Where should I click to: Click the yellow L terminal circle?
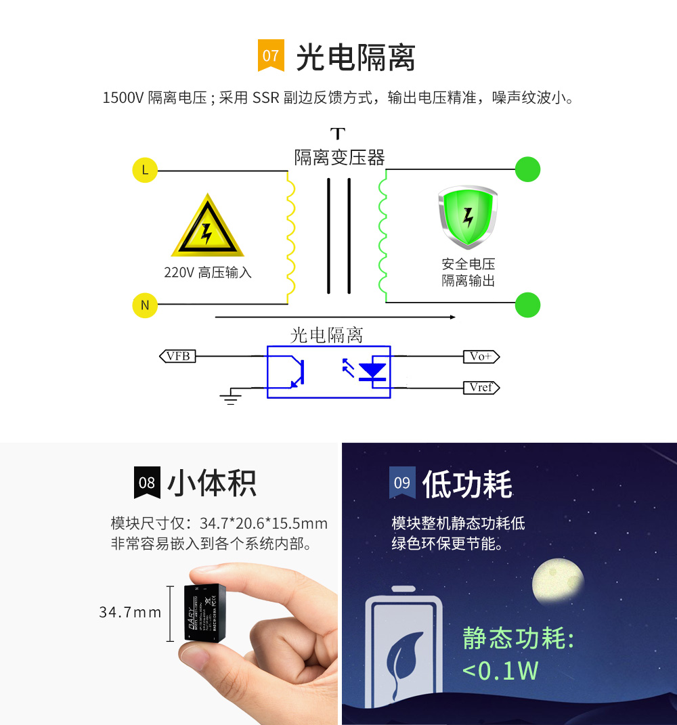145,170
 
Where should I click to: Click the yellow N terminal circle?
145,305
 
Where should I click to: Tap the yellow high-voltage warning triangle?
207,228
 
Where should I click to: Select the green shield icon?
468,217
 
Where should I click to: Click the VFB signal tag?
177,355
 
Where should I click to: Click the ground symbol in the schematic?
232,397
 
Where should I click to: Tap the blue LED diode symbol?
371,371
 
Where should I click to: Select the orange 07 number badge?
271,56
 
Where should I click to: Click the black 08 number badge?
147,483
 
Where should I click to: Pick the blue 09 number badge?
402,483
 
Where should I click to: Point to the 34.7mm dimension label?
130,613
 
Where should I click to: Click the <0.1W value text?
500,670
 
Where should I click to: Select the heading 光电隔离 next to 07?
355,57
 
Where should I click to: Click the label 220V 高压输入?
208,273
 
